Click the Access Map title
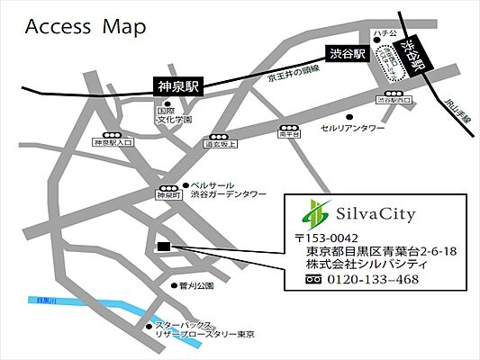point(86,28)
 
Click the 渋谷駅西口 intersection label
point(393,101)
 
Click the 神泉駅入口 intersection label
point(113,142)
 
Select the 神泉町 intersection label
point(168,193)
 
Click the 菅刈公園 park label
point(195,285)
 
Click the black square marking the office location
point(162,245)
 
